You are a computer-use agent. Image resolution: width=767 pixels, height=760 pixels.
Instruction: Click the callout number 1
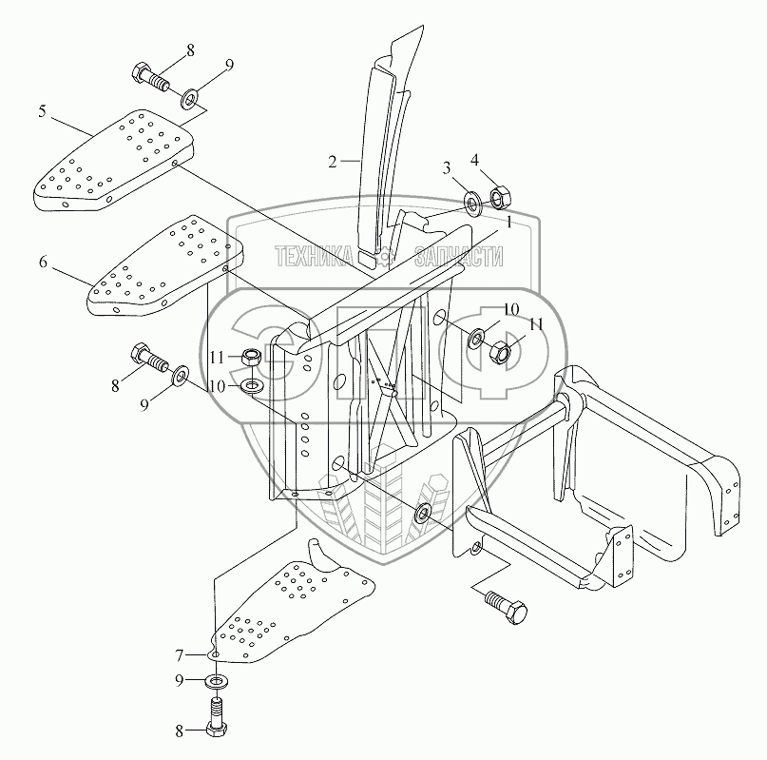point(509,223)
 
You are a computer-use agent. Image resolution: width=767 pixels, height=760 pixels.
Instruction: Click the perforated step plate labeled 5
point(114,162)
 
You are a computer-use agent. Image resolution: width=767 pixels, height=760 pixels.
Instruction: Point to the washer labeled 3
point(471,202)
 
